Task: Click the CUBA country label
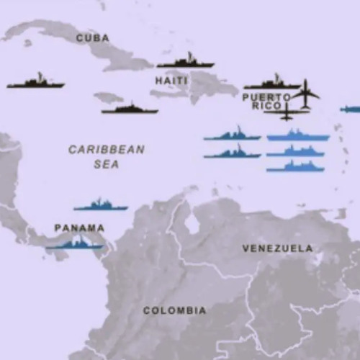(93, 38)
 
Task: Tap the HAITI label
(171, 81)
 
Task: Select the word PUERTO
(266, 97)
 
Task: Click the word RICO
(264, 107)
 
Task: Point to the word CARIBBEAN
(107, 150)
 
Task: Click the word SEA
(107, 164)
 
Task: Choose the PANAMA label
(79, 228)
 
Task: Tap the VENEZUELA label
(277, 248)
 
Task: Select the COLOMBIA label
(174, 311)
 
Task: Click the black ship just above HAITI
(186, 62)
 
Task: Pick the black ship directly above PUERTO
(271, 84)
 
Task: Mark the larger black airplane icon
(306, 94)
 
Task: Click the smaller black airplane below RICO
(287, 112)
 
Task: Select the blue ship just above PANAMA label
(101, 206)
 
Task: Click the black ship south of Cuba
(130, 109)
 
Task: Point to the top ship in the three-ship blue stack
(298, 135)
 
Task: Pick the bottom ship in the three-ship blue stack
(295, 167)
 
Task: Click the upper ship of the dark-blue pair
(232, 135)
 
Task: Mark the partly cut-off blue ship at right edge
(351, 109)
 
